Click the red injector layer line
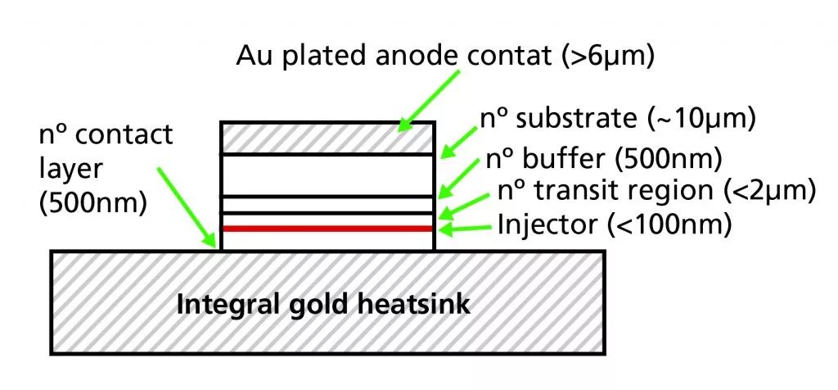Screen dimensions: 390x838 click(327, 228)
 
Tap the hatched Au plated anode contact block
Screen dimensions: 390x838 click(327, 138)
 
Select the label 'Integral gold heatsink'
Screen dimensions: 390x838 click(324, 306)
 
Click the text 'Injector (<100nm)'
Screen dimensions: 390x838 click(614, 224)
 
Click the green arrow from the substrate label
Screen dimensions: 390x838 click(461, 137)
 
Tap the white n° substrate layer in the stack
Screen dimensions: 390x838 click(327, 175)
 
